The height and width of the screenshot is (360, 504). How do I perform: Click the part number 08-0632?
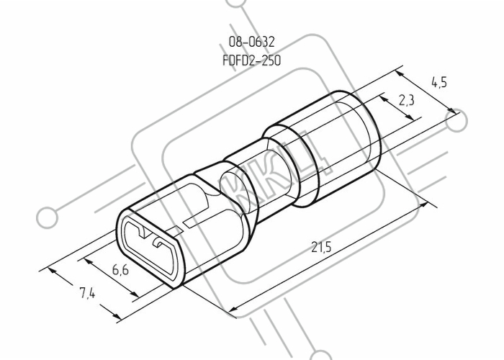[x=252, y=42]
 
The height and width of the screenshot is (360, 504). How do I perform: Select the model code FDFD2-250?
[x=252, y=60]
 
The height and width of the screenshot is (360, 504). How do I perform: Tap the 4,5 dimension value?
[x=439, y=83]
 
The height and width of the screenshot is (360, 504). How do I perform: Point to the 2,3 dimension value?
[x=407, y=101]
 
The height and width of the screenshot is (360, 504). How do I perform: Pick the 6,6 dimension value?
[x=120, y=269]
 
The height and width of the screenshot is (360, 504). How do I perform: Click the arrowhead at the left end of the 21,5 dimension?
[x=233, y=309]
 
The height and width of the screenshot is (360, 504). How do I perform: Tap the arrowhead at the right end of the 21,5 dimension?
[x=423, y=204]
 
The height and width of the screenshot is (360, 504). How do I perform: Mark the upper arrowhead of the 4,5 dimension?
[x=400, y=73]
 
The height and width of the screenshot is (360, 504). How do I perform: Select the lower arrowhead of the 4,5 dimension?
[x=451, y=110]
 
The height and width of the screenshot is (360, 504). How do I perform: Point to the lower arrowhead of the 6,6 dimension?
[x=135, y=294]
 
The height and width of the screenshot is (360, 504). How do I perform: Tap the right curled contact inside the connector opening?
[x=159, y=243]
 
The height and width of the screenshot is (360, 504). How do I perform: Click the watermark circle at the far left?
[x=47, y=217]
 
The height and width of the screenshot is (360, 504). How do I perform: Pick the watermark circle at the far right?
[x=456, y=121]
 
